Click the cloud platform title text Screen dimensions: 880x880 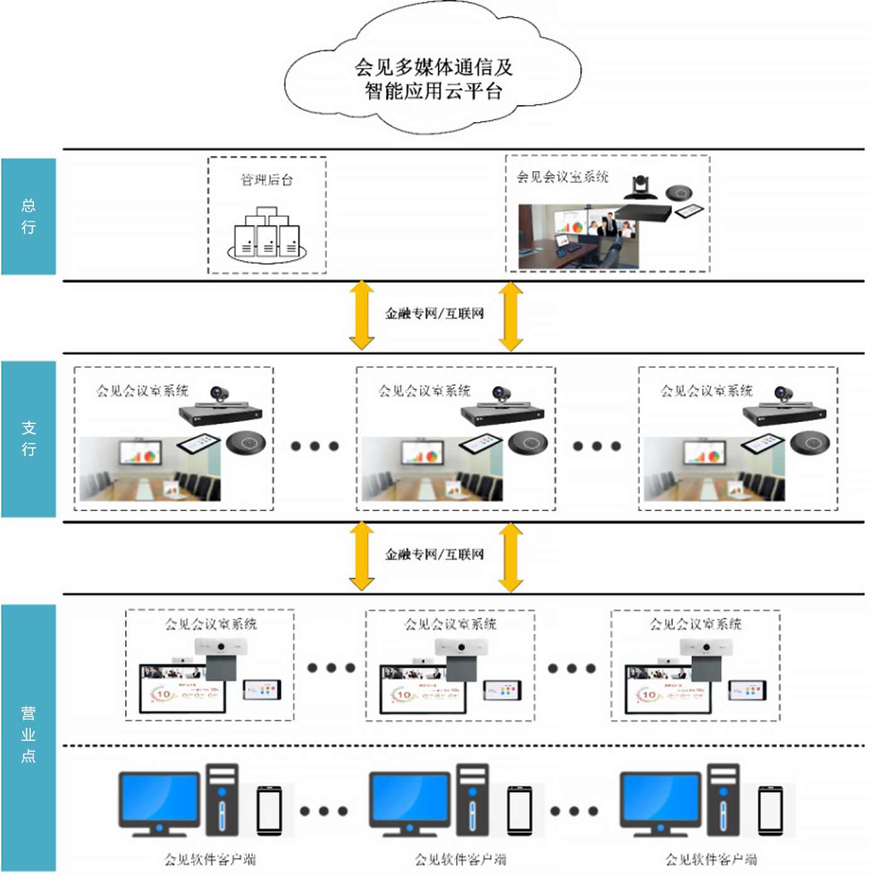[x=433, y=79]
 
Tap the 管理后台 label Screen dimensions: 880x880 [x=267, y=180]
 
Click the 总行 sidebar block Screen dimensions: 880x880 [x=28, y=216]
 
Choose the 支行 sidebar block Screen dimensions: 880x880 [x=28, y=438]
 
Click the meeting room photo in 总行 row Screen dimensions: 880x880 [x=578, y=237]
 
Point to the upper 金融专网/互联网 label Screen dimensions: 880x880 [x=434, y=313]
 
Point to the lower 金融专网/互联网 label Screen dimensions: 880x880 [x=434, y=554]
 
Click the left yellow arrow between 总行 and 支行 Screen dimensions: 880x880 [x=362, y=315]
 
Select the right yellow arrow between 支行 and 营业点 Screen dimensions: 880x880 [x=511, y=557]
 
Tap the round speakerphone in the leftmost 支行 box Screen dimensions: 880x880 [x=246, y=443]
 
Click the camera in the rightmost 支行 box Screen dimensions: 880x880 [x=784, y=394]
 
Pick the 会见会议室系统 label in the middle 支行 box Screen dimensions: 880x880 [x=424, y=391]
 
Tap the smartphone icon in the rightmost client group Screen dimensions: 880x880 [x=770, y=811]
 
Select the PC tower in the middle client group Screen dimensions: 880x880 [x=473, y=799]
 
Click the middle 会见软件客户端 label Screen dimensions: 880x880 [x=461, y=859]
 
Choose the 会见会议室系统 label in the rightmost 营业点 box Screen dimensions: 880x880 [x=695, y=624]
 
